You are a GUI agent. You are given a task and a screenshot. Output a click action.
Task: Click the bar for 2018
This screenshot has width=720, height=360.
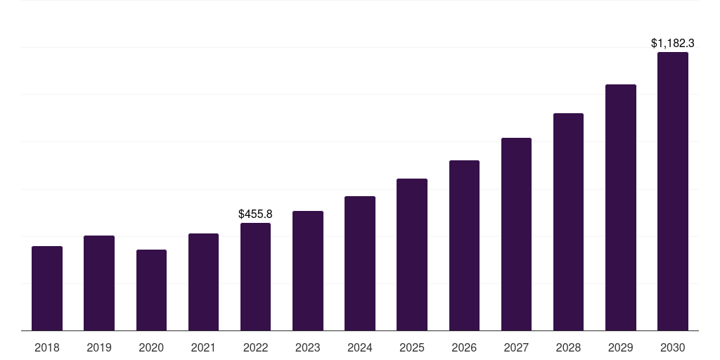pos(47,288)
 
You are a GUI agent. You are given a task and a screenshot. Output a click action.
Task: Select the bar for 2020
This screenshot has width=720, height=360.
pos(151,290)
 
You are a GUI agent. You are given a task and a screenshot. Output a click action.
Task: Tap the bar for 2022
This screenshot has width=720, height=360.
pos(255,276)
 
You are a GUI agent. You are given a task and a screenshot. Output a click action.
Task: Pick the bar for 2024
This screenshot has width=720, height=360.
pos(360,263)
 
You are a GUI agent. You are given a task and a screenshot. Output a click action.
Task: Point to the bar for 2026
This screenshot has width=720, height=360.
pos(464,245)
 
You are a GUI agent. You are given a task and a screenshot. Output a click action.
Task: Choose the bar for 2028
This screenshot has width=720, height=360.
pos(568,221)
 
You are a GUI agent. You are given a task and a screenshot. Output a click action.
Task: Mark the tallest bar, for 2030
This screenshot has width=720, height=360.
pos(673,191)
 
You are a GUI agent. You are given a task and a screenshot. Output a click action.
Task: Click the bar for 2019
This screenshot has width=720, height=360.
pos(99,283)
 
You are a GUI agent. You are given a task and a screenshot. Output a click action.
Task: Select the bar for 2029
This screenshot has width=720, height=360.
pos(621,207)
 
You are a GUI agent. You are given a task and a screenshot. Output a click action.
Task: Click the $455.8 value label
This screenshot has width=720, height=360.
pos(255,214)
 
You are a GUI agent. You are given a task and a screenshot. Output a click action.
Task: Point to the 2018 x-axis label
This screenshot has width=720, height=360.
pos(47,347)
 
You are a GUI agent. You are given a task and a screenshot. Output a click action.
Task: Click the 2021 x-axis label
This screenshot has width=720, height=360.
pos(203,347)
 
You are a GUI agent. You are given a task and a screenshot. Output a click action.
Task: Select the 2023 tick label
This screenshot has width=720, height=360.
pos(308,347)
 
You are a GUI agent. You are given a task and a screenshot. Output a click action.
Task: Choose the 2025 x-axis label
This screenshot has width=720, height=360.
pos(412,347)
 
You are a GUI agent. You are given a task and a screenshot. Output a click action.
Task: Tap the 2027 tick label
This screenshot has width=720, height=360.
pos(516,347)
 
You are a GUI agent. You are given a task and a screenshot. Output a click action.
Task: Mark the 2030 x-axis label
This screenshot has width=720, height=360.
pos(673,347)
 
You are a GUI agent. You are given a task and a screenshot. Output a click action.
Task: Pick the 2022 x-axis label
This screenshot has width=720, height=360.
pos(255,347)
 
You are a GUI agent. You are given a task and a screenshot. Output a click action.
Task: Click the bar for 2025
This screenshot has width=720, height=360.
pos(412,255)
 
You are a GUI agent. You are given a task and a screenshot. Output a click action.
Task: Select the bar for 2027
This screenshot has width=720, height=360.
pos(516,234)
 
